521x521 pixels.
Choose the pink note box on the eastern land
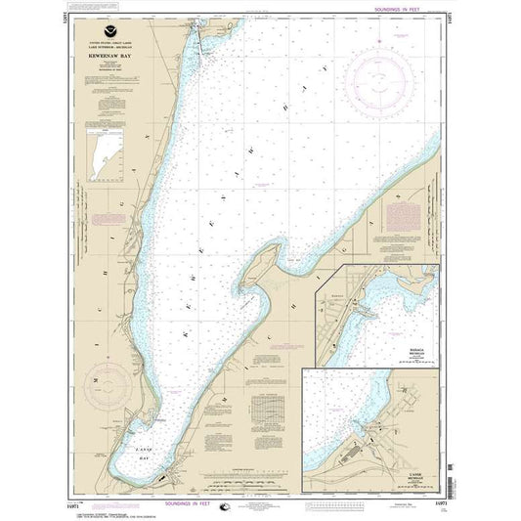402,215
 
